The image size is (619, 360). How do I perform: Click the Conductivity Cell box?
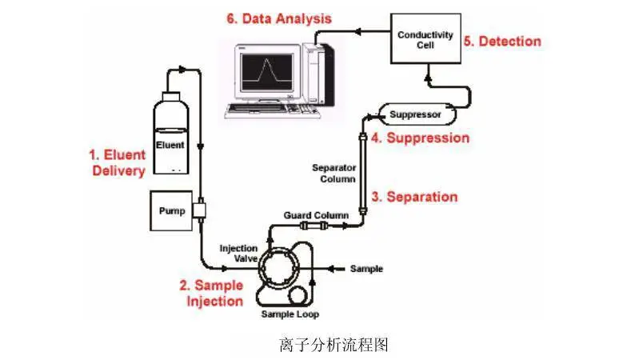(x=425, y=38)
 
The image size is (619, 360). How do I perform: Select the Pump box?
(x=171, y=210)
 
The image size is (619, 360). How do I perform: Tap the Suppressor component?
(x=417, y=114)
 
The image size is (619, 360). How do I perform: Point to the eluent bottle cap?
(x=171, y=97)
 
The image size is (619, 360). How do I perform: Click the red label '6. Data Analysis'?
(x=279, y=18)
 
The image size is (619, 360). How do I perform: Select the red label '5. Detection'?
(x=502, y=41)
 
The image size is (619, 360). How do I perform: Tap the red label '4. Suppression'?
(x=420, y=138)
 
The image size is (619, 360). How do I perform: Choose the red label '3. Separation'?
(x=414, y=197)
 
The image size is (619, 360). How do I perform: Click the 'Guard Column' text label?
(x=316, y=215)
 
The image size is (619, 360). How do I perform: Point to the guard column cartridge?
(x=313, y=226)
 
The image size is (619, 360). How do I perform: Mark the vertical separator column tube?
(x=363, y=174)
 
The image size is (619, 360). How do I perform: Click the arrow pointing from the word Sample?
(x=337, y=269)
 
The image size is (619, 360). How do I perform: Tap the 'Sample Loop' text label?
(x=290, y=314)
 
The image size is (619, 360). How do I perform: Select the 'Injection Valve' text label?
(x=238, y=253)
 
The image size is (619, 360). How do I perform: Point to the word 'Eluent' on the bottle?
(x=170, y=145)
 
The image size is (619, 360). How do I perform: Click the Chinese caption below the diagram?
(x=334, y=345)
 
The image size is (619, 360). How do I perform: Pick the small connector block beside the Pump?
(x=200, y=210)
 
